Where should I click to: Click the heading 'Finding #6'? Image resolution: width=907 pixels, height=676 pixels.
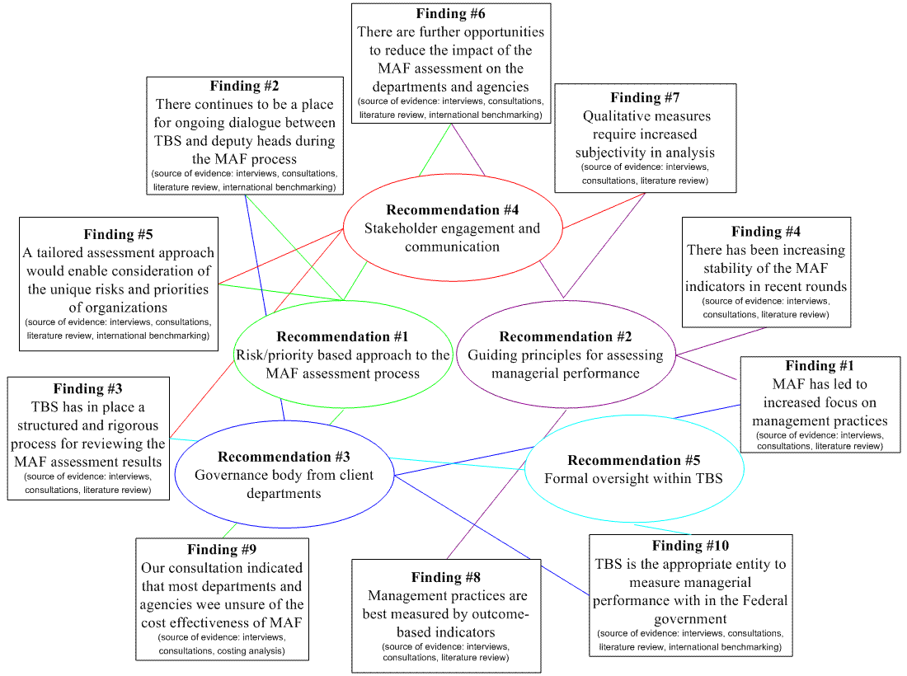(450, 13)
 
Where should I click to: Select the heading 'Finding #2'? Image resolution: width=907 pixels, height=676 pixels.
(244, 86)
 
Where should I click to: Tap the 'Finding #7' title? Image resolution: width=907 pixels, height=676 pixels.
(645, 97)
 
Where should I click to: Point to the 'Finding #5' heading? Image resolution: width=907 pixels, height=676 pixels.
(118, 234)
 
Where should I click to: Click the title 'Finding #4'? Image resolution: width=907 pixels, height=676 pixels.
(766, 232)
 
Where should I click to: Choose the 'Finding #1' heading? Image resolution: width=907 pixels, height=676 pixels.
(820, 365)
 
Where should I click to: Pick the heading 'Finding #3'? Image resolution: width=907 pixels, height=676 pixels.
(88, 388)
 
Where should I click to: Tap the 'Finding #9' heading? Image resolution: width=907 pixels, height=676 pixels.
(222, 549)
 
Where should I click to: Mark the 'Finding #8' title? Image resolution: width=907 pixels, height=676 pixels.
(446, 577)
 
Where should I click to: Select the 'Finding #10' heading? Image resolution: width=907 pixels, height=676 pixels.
(691, 545)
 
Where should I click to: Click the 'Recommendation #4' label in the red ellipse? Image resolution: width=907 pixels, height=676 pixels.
(453, 210)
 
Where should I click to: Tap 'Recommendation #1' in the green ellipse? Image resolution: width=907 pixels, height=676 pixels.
(342, 336)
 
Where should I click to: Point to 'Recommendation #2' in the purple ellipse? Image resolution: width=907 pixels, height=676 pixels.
(566, 336)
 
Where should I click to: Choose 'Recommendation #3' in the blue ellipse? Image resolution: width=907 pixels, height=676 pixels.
(284, 457)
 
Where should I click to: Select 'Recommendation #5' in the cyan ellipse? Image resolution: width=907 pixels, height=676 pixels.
(634, 460)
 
